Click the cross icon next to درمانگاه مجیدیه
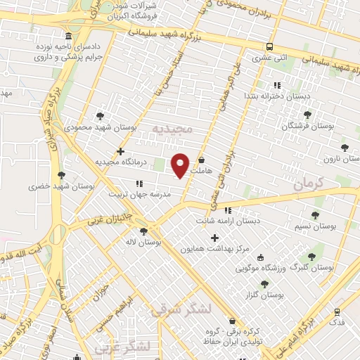coord(121,151)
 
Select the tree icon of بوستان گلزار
coord(264,284)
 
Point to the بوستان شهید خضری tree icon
coord(62,174)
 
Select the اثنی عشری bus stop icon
coord(269,47)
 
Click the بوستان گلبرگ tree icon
coord(311,257)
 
